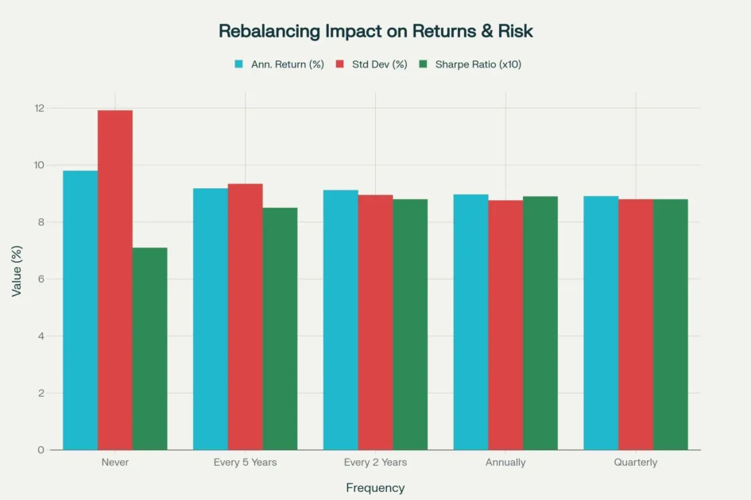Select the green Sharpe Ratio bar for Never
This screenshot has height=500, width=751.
click(x=149, y=348)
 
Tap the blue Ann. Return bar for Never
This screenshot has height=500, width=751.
click(x=80, y=310)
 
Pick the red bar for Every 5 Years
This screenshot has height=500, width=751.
click(x=245, y=317)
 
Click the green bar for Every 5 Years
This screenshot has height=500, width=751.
click(x=280, y=329)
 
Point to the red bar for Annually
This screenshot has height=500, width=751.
click(x=505, y=325)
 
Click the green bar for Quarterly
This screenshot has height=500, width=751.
click(x=670, y=325)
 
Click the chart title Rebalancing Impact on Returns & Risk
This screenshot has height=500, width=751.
click(x=375, y=32)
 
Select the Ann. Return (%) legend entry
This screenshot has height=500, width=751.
click(x=287, y=64)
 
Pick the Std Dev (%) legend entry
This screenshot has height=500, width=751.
click(x=379, y=64)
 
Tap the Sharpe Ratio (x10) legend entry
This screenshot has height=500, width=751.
click(x=478, y=64)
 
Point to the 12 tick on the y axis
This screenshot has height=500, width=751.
click(x=40, y=108)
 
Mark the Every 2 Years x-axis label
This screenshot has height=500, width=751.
click(x=375, y=462)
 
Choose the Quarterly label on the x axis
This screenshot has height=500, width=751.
click(x=635, y=462)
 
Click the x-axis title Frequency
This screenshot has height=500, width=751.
click(x=375, y=488)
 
